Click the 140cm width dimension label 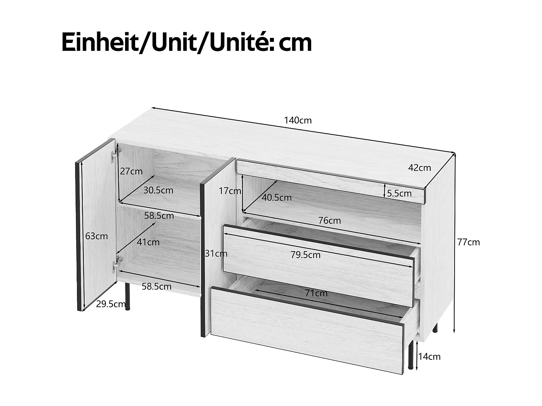point(297,120)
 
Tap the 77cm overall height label point(468,242)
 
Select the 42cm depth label point(419,168)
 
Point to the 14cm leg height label point(429,357)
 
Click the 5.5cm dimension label point(399,193)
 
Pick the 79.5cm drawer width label point(305,255)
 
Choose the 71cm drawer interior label point(316,293)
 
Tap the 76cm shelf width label point(330,220)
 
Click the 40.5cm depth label point(276,197)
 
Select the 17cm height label point(230,191)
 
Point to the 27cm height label point(131,171)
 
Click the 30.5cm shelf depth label point(158,190)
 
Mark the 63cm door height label point(96,236)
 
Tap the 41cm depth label point(148,242)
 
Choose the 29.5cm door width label point(111,304)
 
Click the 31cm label point(216,254)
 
